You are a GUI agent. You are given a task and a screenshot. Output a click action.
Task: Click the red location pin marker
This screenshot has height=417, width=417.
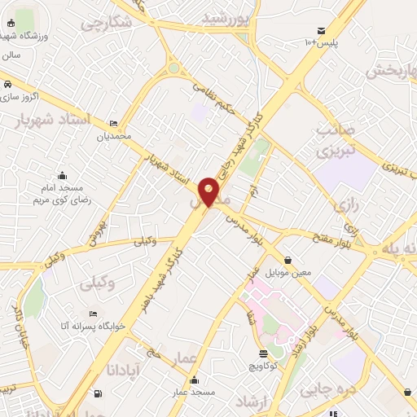click(209, 191)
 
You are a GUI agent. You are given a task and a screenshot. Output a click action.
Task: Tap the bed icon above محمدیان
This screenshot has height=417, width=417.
click(113, 123)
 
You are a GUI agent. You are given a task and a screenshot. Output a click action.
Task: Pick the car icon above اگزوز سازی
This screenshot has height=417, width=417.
click(7, 85)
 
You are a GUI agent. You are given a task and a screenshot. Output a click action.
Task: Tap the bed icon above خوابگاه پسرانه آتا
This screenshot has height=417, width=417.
click(93, 313)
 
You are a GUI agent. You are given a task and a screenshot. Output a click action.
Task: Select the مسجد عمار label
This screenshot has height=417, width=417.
click(195, 393)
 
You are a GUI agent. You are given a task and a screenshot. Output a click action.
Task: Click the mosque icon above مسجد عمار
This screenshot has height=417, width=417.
click(194, 380)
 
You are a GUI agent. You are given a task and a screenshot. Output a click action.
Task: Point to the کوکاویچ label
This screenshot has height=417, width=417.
click(264, 367)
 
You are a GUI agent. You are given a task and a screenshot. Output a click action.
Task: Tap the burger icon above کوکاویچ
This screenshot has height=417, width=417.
click(263, 354)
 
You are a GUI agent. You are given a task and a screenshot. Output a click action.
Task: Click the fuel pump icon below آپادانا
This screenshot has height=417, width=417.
click(99, 394)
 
